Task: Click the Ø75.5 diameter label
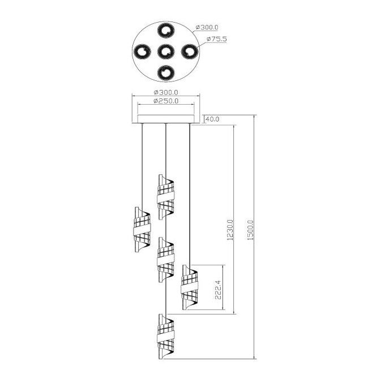(217, 39)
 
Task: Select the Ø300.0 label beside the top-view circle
(207, 27)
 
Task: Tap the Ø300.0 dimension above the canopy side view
(166, 92)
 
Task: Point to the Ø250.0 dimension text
(166, 101)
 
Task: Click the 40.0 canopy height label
(212, 119)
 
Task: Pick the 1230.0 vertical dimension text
(230, 230)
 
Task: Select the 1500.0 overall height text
(251, 230)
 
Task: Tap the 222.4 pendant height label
(218, 290)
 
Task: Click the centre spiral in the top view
(166, 51)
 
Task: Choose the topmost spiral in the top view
(166, 31)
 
